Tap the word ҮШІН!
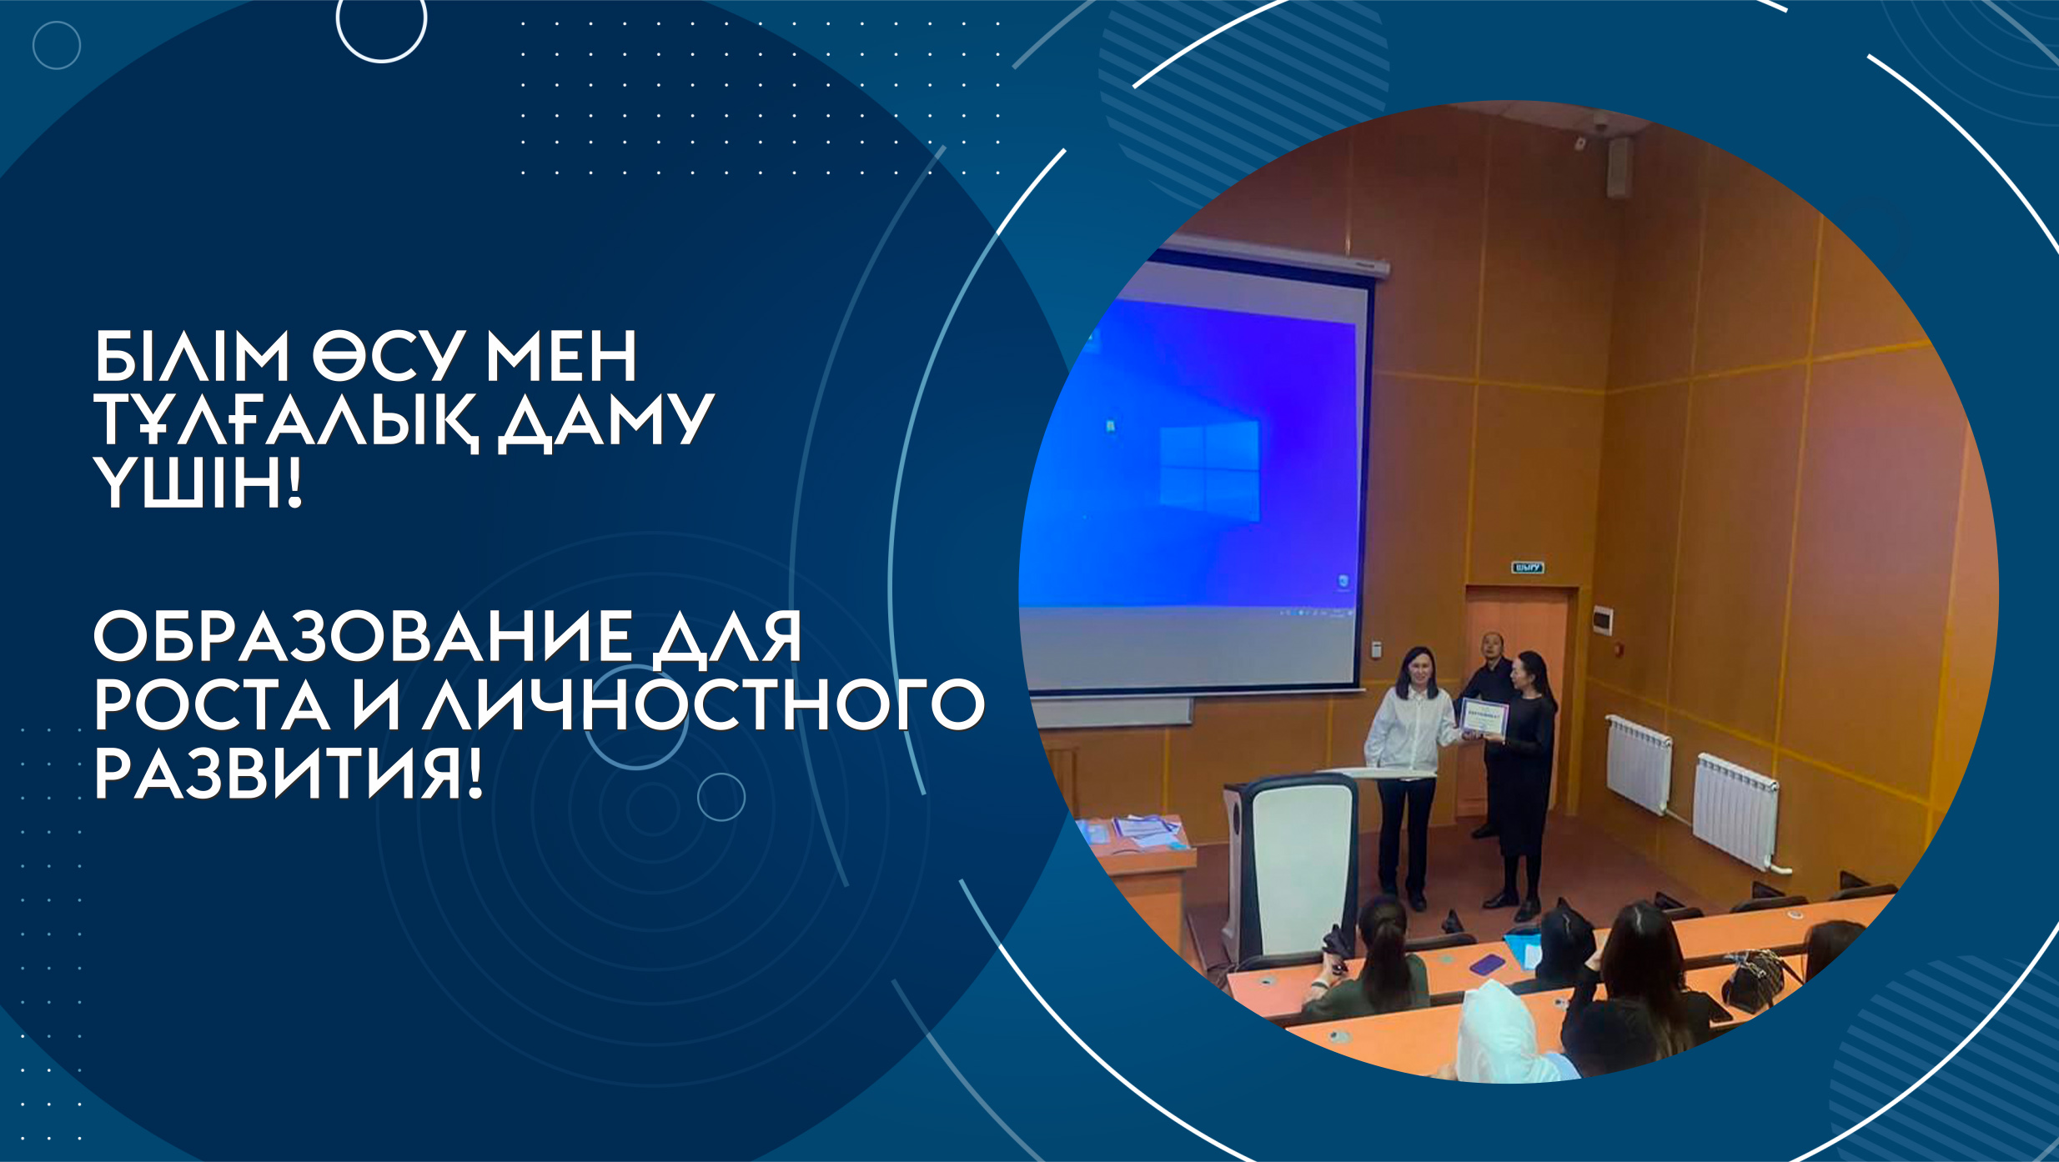coord(197,483)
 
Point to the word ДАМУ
coord(605,422)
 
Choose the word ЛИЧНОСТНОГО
coord(704,704)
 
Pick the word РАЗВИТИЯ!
coord(288,774)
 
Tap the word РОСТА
coord(212,704)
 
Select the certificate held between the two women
coord(1484,717)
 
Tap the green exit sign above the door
coord(1528,568)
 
